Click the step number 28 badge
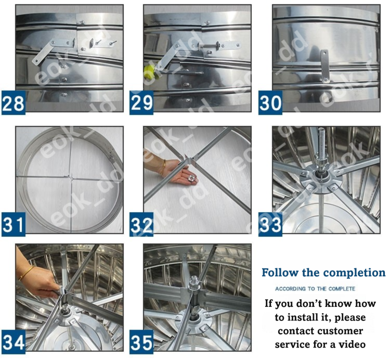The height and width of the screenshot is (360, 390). point(14,102)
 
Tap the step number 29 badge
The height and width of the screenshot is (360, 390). point(142,102)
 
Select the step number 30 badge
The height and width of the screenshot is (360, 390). point(270,102)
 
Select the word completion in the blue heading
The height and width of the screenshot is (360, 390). point(354,273)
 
